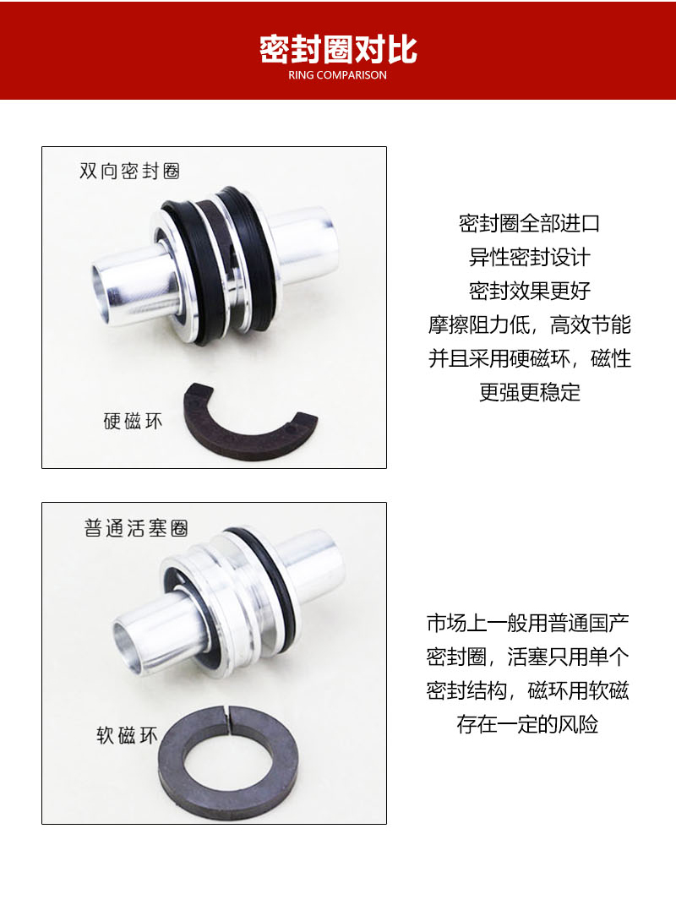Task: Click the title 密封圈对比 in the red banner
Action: coord(337,49)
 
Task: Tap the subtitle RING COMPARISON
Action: coord(337,75)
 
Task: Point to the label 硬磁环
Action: coord(133,420)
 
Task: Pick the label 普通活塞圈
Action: coord(135,529)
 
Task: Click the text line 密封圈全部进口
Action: coord(529,224)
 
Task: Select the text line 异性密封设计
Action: coord(529,258)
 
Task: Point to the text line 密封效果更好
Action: coord(529,292)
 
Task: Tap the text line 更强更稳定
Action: coord(529,393)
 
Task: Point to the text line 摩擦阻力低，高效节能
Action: coord(529,325)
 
